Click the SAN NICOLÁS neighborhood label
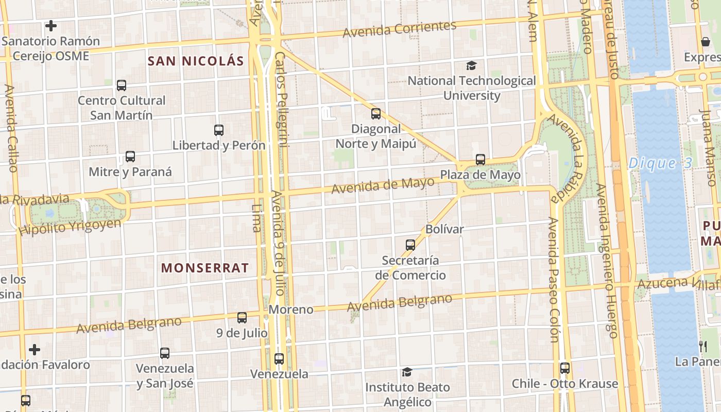196,61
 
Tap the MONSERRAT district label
205,268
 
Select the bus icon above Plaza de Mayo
480,160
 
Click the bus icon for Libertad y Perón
219,130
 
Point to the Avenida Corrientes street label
400,29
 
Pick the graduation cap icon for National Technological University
471,65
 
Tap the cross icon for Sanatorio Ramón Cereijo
50,25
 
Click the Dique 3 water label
660,164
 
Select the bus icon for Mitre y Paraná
130,157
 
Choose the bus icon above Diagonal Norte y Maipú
376,114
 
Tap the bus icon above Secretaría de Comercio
410,245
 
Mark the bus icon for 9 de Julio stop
242,318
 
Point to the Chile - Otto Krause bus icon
565,368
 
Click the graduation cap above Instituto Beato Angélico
407,372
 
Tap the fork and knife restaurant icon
703,346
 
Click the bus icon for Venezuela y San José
165,353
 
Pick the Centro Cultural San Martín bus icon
122,85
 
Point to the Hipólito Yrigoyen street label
70,227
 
